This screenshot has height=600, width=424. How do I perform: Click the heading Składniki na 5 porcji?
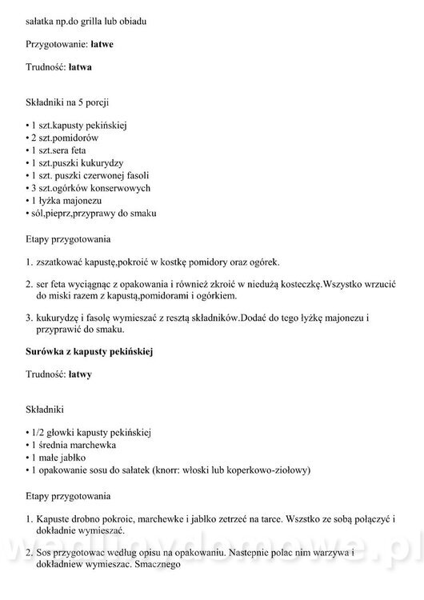point(67,105)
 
